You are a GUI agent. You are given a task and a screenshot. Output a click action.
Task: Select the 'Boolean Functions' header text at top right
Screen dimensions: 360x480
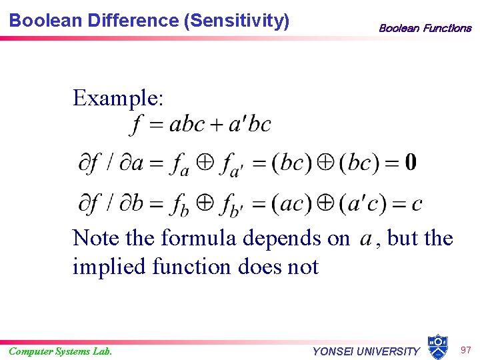(425, 28)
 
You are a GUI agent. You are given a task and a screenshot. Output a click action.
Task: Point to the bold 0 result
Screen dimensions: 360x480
(411, 162)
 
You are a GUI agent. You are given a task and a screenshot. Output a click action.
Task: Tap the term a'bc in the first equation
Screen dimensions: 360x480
(250, 125)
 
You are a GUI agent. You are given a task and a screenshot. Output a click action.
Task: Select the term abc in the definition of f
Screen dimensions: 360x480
(187, 125)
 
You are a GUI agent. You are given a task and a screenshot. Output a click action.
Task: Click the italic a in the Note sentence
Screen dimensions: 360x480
(365, 238)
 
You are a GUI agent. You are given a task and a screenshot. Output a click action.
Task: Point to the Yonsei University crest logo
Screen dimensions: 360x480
(437, 347)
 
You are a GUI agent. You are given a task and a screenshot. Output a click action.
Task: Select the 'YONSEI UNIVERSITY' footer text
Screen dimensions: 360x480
(366, 351)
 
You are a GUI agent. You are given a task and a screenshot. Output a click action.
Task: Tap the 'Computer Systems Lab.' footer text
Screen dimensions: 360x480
(61, 351)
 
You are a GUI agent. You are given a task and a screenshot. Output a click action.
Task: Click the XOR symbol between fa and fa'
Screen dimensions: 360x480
(205, 162)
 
